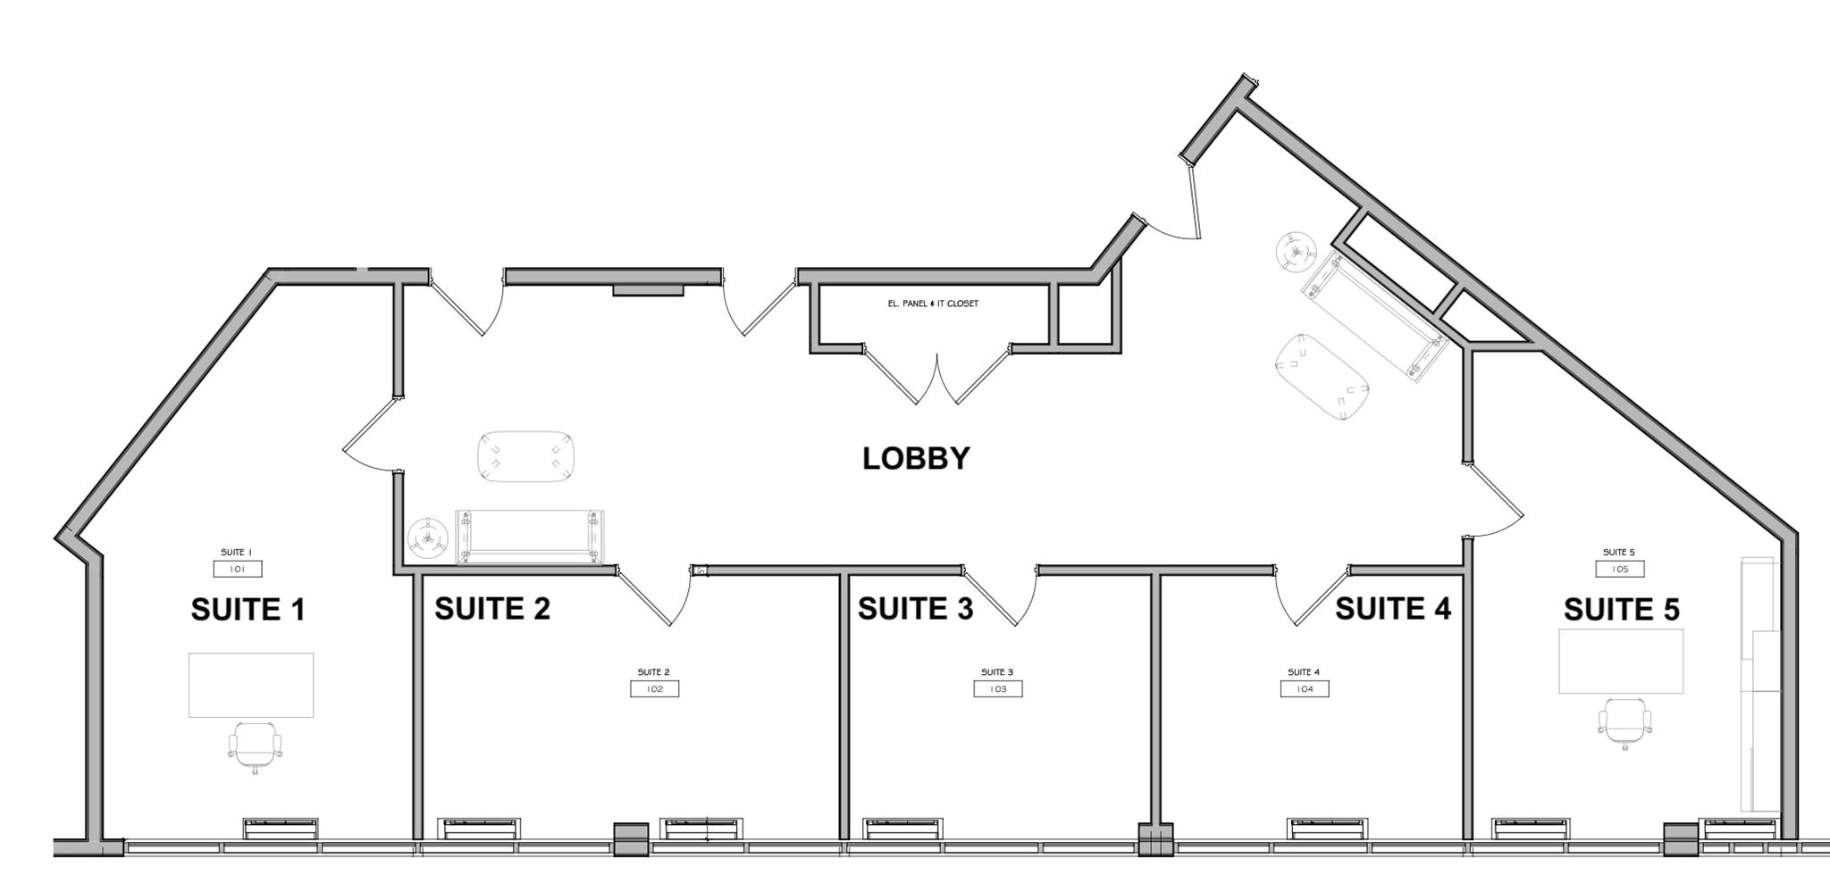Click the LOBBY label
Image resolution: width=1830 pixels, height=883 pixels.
point(916,459)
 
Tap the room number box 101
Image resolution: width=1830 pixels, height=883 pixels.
point(238,570)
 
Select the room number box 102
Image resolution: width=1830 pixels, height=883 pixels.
point(654,689)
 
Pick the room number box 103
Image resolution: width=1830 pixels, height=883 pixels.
point(997,689)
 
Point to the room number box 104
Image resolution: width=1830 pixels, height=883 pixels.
point(1304,689)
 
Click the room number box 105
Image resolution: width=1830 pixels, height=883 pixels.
point(1619,570)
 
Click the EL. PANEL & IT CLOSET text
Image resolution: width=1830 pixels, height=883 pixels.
point(933,304)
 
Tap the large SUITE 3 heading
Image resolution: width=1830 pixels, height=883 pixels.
point(915,609)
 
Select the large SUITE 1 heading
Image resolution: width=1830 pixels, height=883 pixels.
point(248,610)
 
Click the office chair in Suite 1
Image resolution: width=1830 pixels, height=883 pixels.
point(256,746)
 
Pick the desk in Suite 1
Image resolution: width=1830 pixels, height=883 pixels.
point(251,685)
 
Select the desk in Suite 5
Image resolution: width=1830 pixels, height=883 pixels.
point(1621,662)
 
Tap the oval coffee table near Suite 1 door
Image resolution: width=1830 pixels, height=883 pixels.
point(525,456)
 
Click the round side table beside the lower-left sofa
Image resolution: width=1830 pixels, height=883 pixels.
point(428,539)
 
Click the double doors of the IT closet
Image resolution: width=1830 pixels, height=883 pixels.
point(936,376)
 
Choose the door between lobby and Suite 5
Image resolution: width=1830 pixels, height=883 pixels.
point(1494,501)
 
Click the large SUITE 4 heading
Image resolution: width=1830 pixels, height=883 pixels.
point(1392,609)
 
